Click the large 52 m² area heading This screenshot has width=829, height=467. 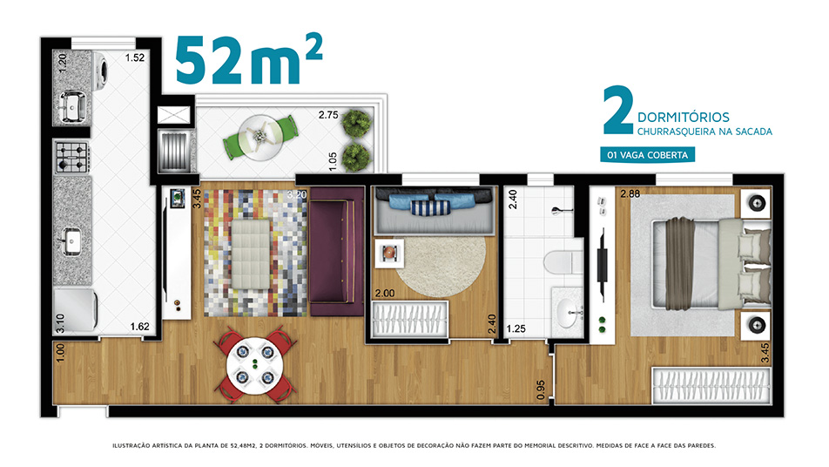point(248,60)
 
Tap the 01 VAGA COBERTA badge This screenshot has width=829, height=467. point(647,155)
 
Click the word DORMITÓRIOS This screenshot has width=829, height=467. point(683,118)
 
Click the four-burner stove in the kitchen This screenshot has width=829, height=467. point(72,158)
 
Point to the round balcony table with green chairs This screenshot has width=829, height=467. point(259,137)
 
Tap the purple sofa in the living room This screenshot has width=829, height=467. point(337,251)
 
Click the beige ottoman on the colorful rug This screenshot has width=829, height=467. point(251,254)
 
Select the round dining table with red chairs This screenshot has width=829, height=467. point(255,365)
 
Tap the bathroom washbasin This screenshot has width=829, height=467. point(567,313)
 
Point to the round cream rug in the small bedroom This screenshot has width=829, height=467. point(440,266)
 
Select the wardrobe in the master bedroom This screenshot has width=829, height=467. point(711,386)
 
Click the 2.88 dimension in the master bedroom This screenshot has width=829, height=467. point(630,194)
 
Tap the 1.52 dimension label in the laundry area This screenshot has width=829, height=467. point(135,58)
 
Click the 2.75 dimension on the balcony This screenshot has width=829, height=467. point(328,115)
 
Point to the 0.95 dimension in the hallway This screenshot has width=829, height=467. point(541,390)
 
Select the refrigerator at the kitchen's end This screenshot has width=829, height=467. point(76,310)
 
